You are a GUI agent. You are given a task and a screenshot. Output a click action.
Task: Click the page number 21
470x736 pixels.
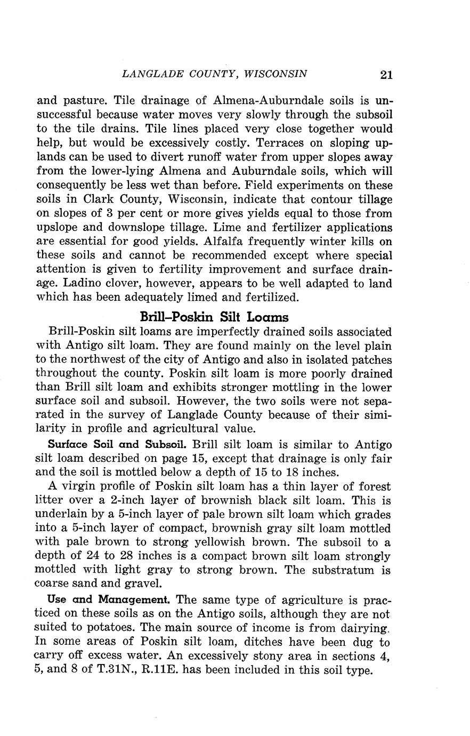pos(386,75)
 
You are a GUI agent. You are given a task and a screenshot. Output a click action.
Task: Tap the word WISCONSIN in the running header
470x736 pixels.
pos(275,74)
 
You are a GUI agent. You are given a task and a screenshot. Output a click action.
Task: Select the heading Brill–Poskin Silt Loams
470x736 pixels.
pos(214,317)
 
